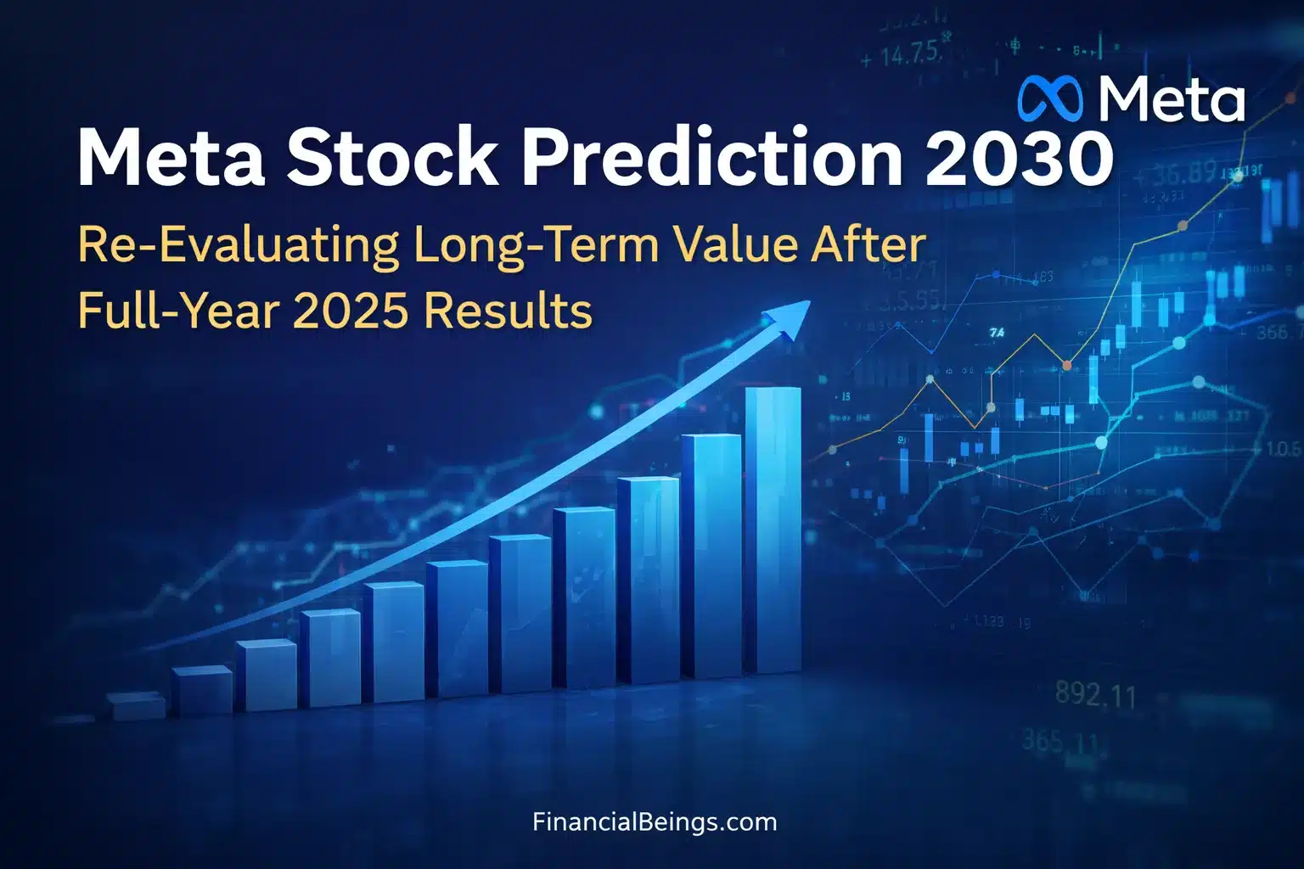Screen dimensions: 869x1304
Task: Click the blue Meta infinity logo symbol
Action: (x=1050, y=98)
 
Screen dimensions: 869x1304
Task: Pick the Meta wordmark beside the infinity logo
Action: (x=1172, y=98)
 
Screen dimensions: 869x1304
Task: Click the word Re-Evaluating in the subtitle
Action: (x=238, y=246)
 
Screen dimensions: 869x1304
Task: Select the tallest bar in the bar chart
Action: (x=773, y=530)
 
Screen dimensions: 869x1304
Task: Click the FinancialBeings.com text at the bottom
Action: (x=655, y=821)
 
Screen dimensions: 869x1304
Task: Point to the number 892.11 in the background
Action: (x=1095, y=695)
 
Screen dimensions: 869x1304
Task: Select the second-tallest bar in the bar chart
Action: (x=711, y=556)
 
